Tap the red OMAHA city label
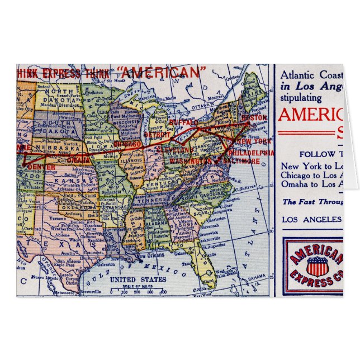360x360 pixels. coord(79,160)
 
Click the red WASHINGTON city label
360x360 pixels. coord(191,162)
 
